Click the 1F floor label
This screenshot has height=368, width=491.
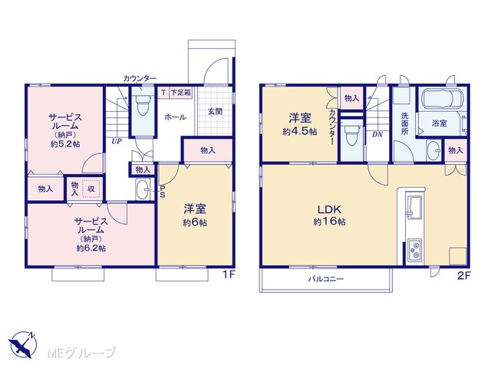pos(229,274)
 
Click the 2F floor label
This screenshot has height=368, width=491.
pos(464,276)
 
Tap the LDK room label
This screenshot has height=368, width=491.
pos(329,209)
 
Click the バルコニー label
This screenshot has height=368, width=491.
pos(326,278)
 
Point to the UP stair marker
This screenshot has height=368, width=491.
pos(117,141)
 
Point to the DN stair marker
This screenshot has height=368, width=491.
pos(377,135)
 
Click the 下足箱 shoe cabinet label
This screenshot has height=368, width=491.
pos(181,93)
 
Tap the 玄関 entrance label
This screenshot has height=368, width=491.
pos(216,111)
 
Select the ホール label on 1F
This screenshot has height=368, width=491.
pos(176,117)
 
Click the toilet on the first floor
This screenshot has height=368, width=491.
pos(143,104)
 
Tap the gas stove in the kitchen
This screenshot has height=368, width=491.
pos(414,249)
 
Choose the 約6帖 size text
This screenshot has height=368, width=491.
pos(195,222)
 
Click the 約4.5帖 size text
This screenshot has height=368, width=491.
pos(300,131)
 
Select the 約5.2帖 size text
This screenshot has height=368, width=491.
pos(65,144)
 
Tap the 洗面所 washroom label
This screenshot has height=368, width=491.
pos(404,123)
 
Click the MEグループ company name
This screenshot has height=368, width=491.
pos(81,353)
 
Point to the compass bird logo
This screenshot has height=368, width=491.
pos(23,344)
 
